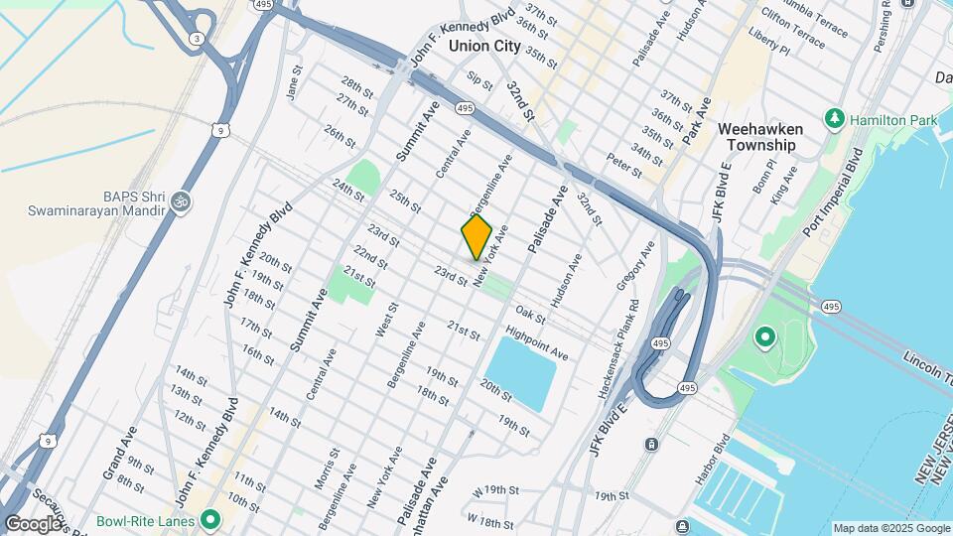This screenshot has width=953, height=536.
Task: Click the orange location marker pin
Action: point(476,237)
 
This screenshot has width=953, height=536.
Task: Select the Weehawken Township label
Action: point(756,137)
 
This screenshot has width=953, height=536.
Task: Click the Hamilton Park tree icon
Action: point(835,120)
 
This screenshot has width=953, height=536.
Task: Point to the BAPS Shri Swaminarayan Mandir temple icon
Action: point(180,201)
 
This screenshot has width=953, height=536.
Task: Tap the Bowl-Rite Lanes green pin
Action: point(209,519)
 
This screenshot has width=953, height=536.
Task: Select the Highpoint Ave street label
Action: point(536,342)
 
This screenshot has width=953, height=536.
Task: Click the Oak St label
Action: point(531,315)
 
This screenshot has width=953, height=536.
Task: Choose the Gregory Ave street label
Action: point(636,265)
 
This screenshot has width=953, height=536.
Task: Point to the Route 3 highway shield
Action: point(198,39)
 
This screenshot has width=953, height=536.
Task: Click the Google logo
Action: point(33,523)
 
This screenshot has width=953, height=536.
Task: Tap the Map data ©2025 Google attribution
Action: point(890,528)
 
